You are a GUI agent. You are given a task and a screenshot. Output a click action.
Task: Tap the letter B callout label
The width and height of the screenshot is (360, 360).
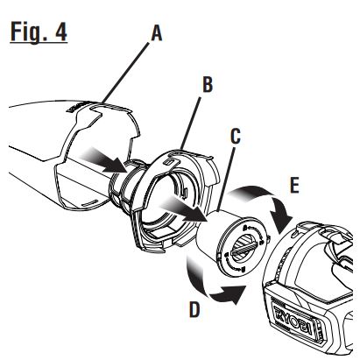(x=208, y=86)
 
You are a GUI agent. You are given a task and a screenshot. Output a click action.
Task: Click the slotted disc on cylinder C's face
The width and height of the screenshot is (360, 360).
(x=241, y=245)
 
